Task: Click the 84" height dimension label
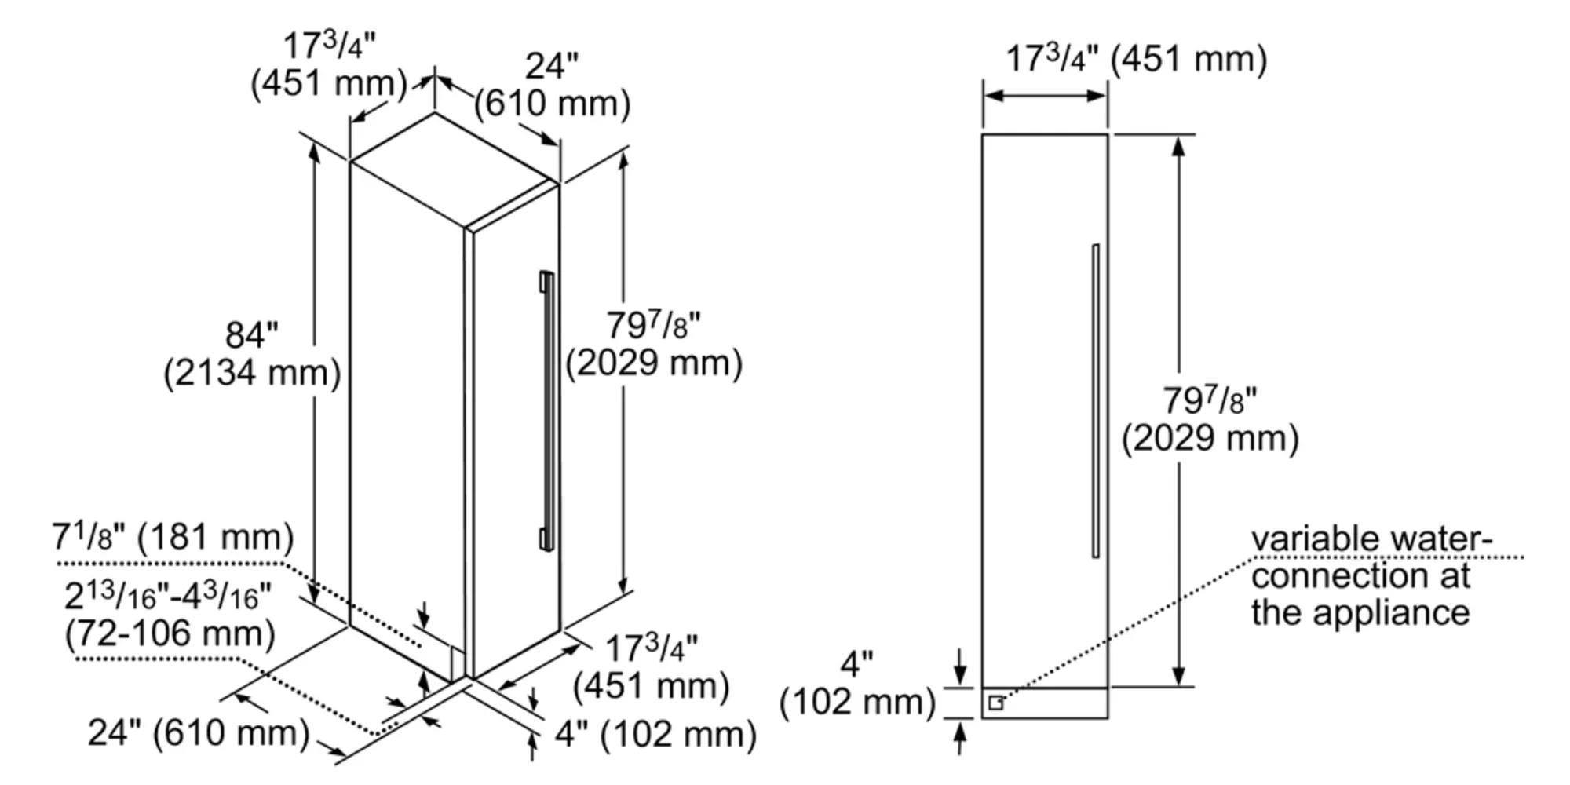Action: click(251, 335)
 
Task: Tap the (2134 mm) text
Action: click(252, 373)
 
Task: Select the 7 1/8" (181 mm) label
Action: click(173, 538)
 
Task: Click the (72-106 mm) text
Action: click(170, 633)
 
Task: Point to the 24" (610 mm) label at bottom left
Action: click(199, 733)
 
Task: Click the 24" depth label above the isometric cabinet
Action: click(551, 66)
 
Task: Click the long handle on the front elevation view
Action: click(1095, 400)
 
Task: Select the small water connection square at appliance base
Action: click(995, 703)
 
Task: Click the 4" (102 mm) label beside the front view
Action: click(857, 685)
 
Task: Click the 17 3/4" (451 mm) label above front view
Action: click(1136, 60)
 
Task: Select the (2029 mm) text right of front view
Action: click(1210, 438)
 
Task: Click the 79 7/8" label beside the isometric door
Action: click(653, 325)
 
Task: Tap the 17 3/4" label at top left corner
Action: click(328, 46)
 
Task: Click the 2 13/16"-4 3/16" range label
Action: click(167, 597)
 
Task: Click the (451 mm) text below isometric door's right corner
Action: click(651, 686)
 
